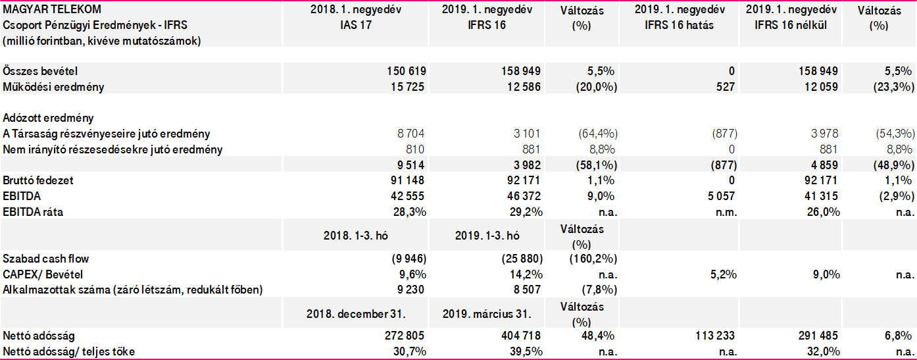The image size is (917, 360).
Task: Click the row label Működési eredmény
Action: coord(53,86)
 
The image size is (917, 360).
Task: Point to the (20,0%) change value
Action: coord(596,86)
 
